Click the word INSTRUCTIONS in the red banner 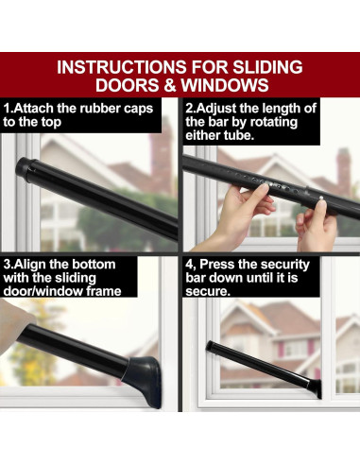tap(122, 67)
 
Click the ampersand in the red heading tap(169, 85)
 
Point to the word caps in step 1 tap(138, 110)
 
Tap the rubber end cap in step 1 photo tap(23, 167)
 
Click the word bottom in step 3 tap(93, 264)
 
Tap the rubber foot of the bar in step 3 tap(145, 380)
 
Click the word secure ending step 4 tap(207, 292)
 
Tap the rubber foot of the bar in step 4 tap(316, 387)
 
